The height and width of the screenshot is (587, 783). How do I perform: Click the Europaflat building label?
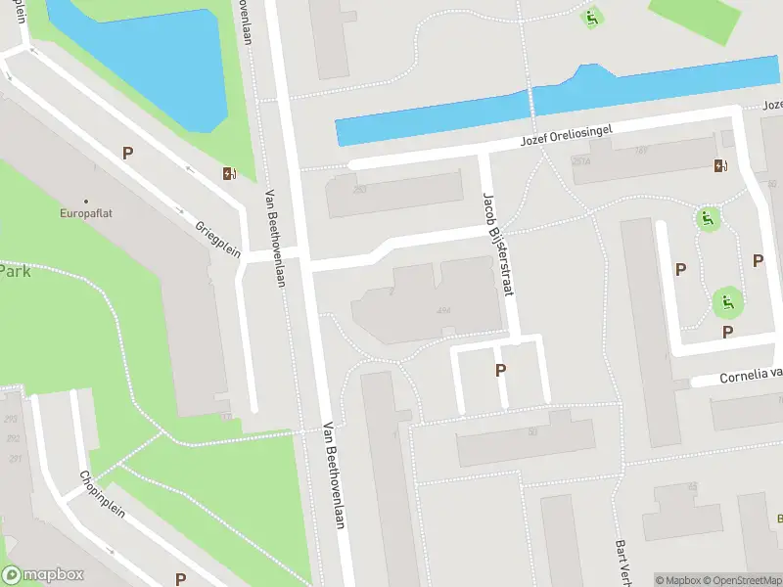85,212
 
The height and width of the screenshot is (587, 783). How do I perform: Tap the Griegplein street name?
218,236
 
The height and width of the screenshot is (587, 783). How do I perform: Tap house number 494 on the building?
443,311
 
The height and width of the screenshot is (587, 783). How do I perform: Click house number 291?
13,458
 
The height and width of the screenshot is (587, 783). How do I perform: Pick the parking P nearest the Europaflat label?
127,153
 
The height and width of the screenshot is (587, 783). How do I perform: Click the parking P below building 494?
500,370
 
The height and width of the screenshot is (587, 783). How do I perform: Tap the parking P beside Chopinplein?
180,579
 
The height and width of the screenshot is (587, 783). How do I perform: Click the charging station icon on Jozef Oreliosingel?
720,165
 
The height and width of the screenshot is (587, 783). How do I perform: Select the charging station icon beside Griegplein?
229,174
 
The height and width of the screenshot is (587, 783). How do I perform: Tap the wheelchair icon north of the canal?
591,17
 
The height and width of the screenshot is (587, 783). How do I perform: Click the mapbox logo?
43,575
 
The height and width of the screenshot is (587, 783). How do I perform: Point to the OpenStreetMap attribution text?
744,580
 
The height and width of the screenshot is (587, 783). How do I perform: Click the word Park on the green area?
15,271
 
